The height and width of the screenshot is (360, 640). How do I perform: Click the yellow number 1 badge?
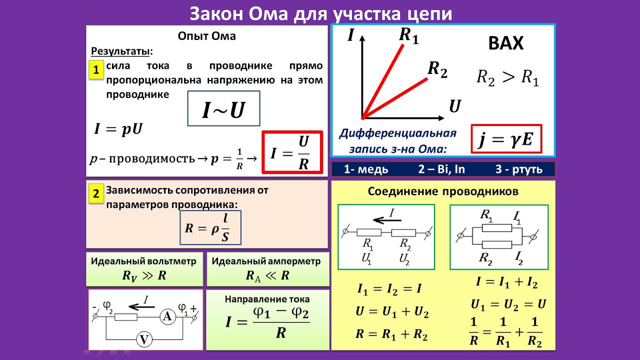point(96,69)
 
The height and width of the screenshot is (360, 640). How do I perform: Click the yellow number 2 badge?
point(96,194)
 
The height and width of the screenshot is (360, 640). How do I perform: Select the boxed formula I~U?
point(223,108)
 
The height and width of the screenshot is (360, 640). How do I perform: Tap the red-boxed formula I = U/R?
point(292,152)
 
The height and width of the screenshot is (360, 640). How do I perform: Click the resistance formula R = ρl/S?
point(210,227)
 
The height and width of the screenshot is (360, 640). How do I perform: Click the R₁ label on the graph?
point(408,36)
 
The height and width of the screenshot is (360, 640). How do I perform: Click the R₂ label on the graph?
point(437,70)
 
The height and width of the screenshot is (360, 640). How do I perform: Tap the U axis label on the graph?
point(454,106)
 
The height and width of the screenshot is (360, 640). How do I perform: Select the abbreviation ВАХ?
point(505,44)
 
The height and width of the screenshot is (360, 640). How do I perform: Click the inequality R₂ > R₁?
point(507,78)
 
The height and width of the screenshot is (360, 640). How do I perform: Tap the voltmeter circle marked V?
point(145,339)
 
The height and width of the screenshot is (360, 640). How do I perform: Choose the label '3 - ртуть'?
point(519,169)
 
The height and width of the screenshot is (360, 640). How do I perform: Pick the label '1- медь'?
point(366,169)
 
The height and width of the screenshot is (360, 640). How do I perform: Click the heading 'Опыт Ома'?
point(206,36)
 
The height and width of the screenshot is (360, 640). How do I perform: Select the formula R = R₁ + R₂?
point(391,334)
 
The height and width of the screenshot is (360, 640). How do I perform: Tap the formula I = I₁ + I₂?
point(506,282)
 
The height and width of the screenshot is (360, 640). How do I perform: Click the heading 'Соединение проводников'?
point(443,191)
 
